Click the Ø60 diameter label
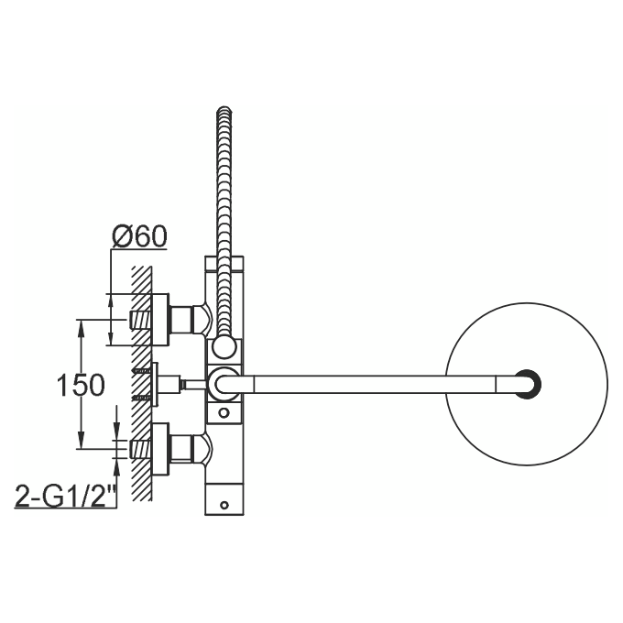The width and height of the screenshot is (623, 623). pos(139,236)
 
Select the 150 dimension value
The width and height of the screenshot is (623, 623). pos(81,385)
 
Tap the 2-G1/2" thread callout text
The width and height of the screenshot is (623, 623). pos(66,496)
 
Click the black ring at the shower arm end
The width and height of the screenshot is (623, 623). pos(528,384)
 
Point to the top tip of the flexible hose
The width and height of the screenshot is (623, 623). pos(224,107)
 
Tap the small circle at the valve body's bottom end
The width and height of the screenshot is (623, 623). pos(224,505)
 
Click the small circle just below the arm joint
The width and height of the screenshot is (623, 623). pos(224,413)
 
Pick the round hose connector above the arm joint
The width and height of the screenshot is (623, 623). pos(224,347)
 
